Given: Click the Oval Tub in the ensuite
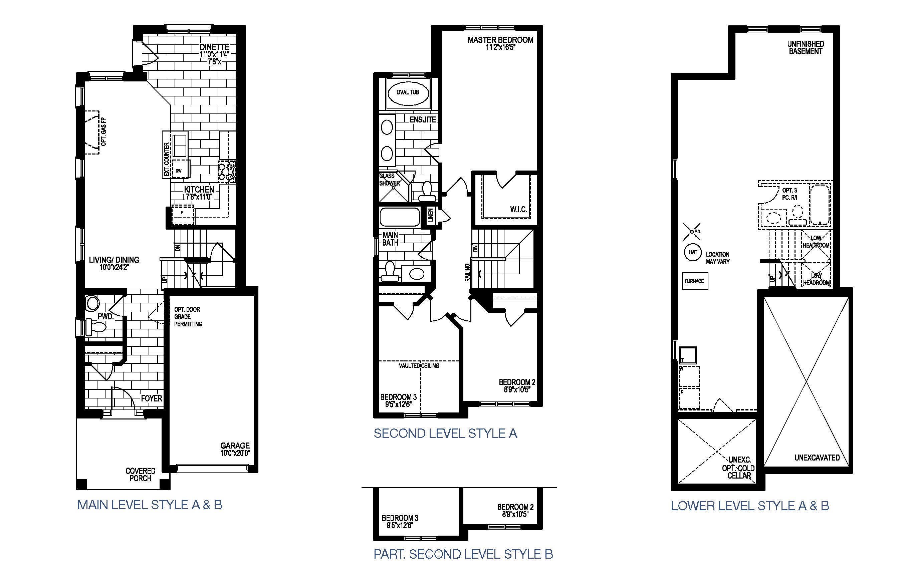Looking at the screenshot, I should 408,92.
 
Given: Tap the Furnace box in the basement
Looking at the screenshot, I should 694,281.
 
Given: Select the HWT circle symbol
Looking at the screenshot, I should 693,252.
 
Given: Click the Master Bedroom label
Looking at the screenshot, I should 500,40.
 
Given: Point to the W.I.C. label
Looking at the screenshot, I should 518,210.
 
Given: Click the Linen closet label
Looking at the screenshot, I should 431,215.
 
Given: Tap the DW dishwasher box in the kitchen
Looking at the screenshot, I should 179,171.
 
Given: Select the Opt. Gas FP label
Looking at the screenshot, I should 103,132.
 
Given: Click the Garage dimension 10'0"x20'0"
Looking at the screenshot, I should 235,453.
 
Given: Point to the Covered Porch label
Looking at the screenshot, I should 141,475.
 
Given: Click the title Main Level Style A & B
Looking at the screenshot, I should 150,505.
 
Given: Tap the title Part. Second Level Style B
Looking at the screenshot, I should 463,554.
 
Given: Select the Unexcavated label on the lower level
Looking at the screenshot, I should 817,458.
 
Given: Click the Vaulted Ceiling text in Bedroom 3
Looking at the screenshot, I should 419,365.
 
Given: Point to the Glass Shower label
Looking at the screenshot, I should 389,180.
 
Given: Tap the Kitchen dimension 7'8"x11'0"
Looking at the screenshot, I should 199,197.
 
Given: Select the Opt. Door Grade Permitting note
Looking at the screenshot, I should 188,317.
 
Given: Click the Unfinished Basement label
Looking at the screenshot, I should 806,48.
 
